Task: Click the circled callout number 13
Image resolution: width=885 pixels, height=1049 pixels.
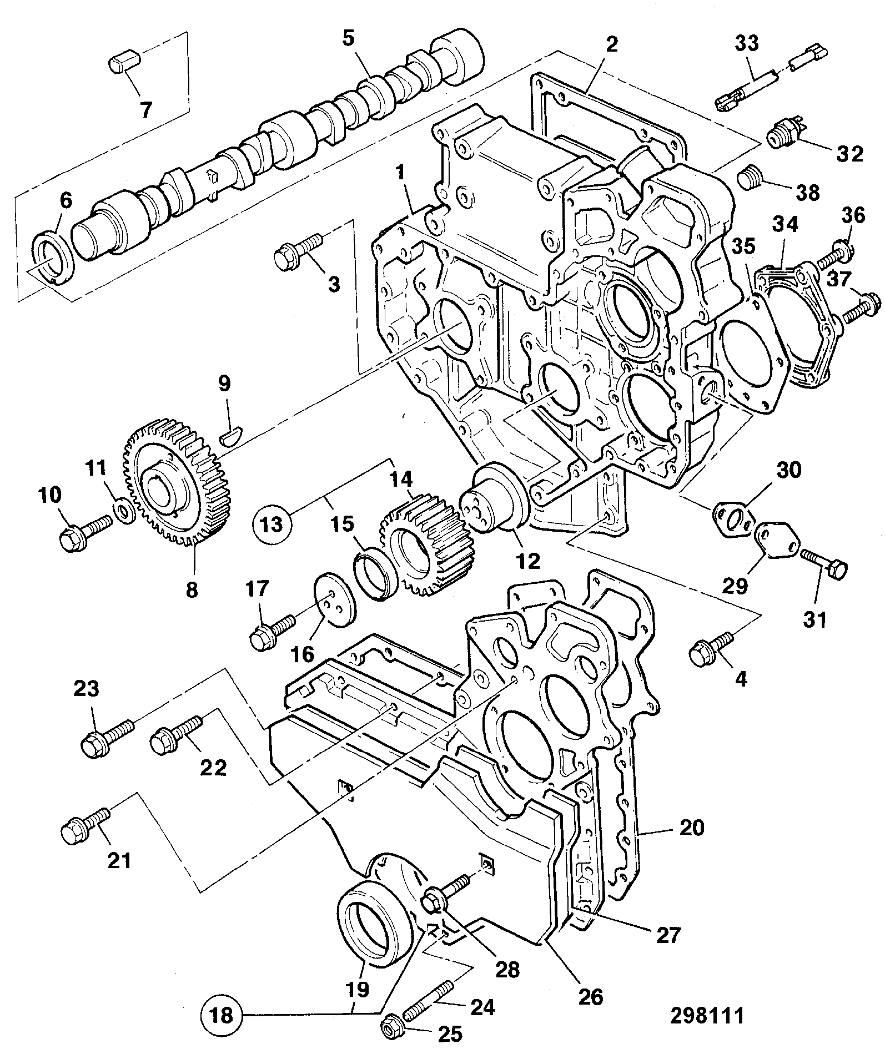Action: tap(272, 523)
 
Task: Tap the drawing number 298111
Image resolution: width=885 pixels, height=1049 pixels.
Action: tap(707, 1015)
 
